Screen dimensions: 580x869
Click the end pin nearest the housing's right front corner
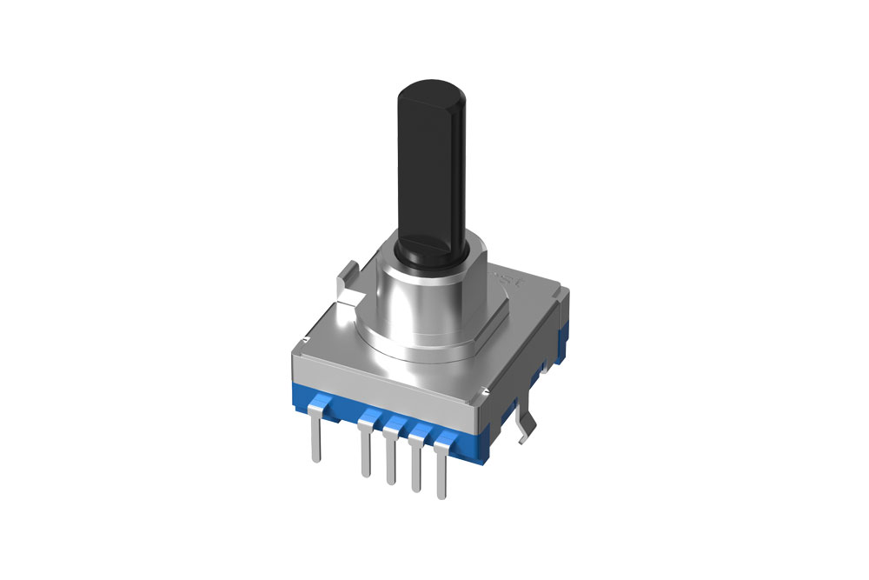tap(445, 470)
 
